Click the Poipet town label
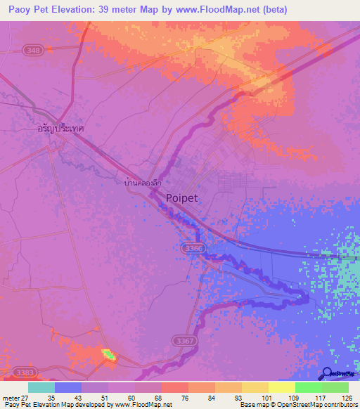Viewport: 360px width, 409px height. [x=182, y=198]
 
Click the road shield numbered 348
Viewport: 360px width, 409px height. [x=31, y=50]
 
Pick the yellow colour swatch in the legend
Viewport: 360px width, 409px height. [x=281, y=387]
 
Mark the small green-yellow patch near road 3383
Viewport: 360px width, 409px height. [x=108, y=354]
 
